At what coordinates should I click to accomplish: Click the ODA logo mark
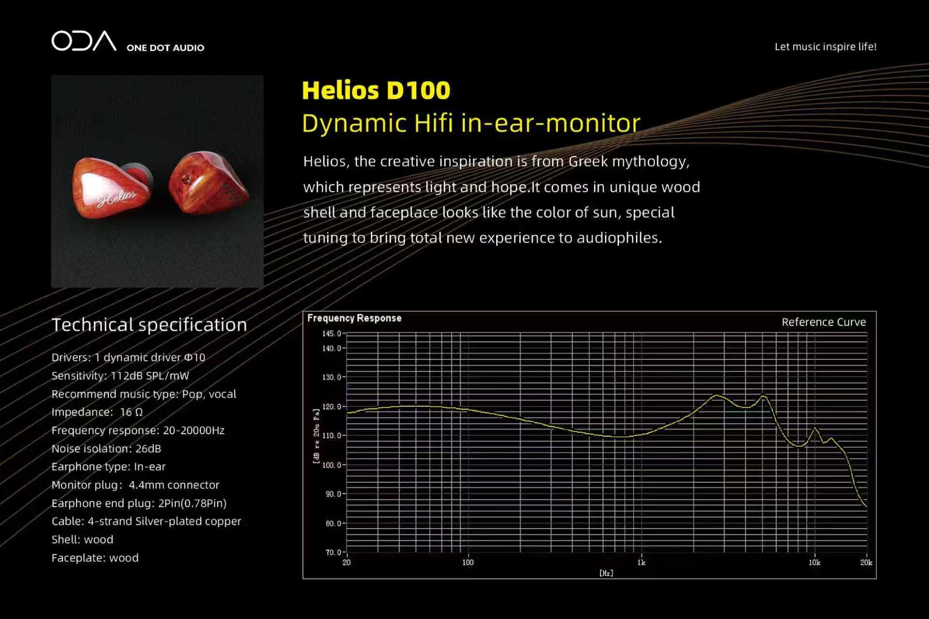click(x=84, y=41)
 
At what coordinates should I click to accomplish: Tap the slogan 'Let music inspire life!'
click(x=826, y=47)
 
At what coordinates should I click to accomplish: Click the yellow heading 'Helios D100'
click(x=376, y=90)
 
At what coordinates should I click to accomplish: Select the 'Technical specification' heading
click(x=149, y=324)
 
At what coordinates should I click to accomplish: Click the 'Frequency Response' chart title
click(x=354, y=318)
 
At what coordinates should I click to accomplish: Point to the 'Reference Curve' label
click(x=824, y=322)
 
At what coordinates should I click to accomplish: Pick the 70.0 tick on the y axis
click(x=334, y=552)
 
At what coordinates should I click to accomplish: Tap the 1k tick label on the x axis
click(x=641, y=562)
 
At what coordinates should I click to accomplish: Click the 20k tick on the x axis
click(x=866, y=562)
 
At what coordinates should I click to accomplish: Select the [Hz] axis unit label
click(x=606, y=573)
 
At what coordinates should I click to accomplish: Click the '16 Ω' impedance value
click(x=131, y=412)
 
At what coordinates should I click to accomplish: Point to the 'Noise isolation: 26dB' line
click(x=106, y=449)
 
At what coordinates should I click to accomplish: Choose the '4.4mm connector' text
click(x=174, y=485)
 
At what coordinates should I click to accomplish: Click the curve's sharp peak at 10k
click(x=815, y=428)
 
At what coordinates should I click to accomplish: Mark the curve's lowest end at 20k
click(x=866, y=506)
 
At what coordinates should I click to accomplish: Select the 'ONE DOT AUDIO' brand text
click(x=165, y=48)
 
